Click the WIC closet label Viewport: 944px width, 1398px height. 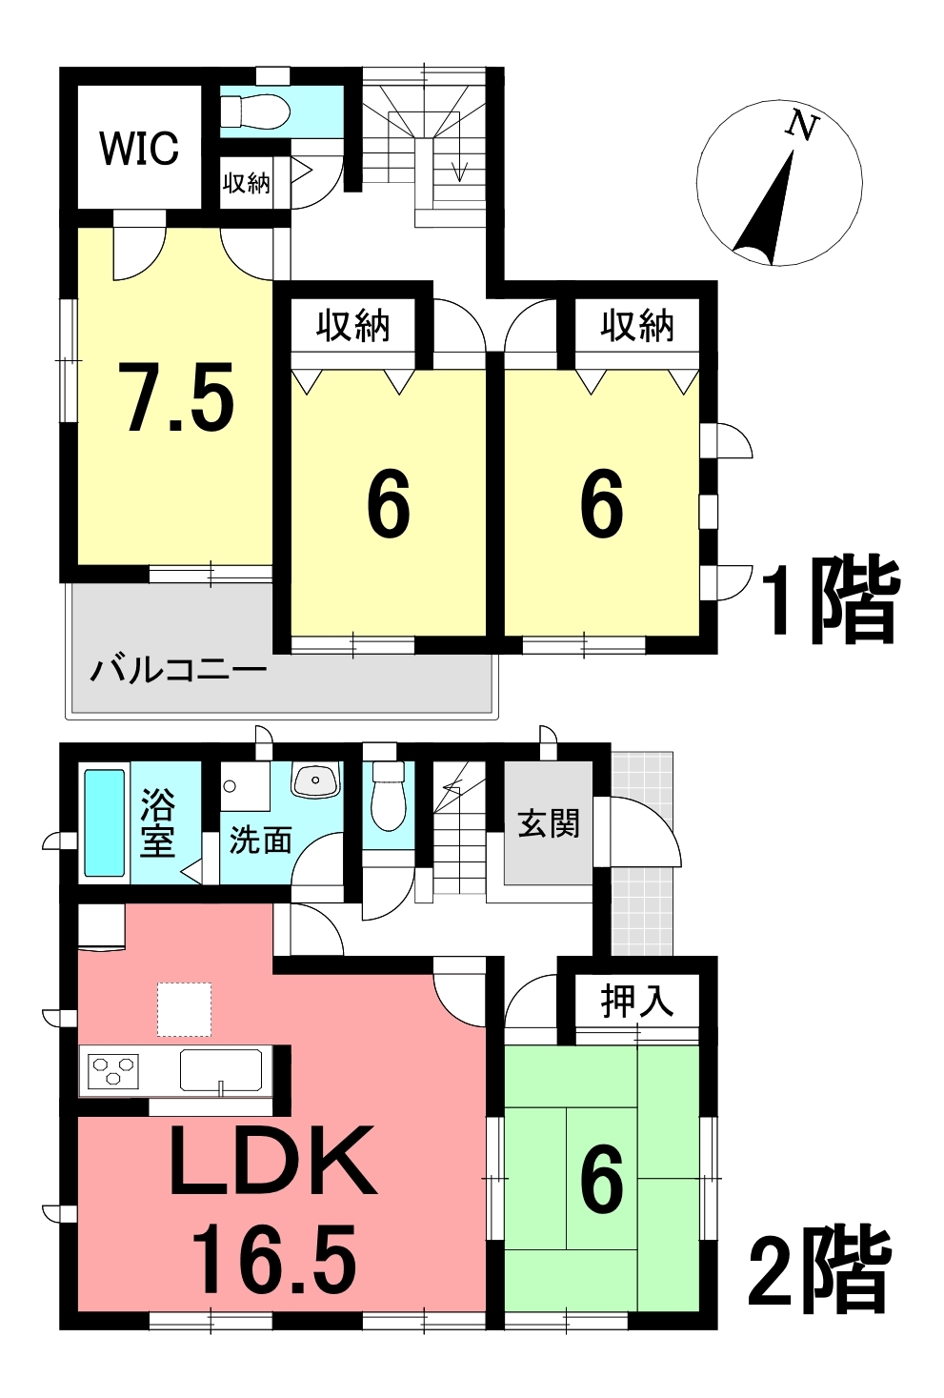139,148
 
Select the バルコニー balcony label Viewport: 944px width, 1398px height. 178,671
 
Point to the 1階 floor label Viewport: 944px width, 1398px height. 829,599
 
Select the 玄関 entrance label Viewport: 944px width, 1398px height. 549,822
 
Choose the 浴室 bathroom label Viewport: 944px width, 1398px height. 157,823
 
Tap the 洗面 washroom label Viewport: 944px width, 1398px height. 260,841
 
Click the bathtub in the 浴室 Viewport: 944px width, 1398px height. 105,822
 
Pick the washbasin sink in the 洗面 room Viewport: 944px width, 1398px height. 315,780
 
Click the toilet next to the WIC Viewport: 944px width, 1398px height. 256,111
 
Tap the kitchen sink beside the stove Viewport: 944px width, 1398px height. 221,1070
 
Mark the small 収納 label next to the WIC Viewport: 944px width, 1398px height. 247,183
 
